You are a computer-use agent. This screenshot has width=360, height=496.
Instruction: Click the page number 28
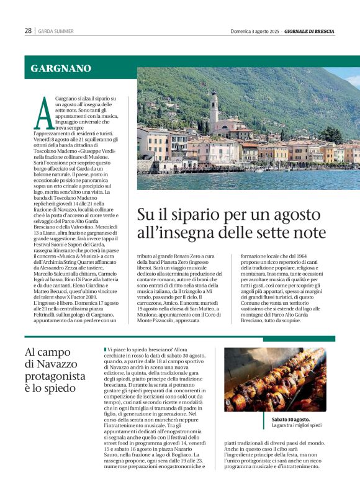[28, 30]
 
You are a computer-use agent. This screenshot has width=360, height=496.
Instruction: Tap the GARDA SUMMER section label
[55, 31]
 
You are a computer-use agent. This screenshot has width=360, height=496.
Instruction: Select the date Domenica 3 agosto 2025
[255, 30]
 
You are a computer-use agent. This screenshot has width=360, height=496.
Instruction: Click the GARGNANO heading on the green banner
[61, 68]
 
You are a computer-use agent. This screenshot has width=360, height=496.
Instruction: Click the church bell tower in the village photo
[214, 111]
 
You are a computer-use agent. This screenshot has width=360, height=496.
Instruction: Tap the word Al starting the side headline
[32, 352]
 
